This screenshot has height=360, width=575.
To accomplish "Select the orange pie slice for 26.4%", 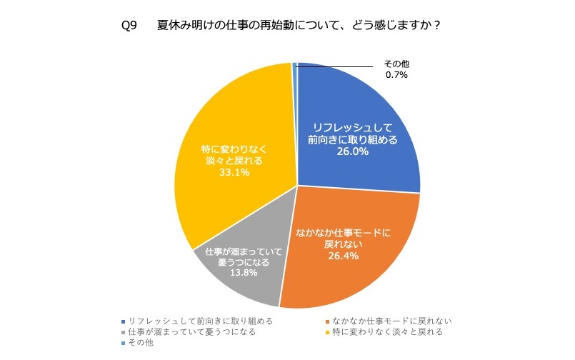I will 357,264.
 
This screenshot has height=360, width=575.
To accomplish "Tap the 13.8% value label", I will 243,273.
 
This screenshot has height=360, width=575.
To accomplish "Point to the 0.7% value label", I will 396,75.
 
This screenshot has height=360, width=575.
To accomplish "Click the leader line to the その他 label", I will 336,67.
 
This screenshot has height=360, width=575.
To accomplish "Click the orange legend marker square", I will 325,321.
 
